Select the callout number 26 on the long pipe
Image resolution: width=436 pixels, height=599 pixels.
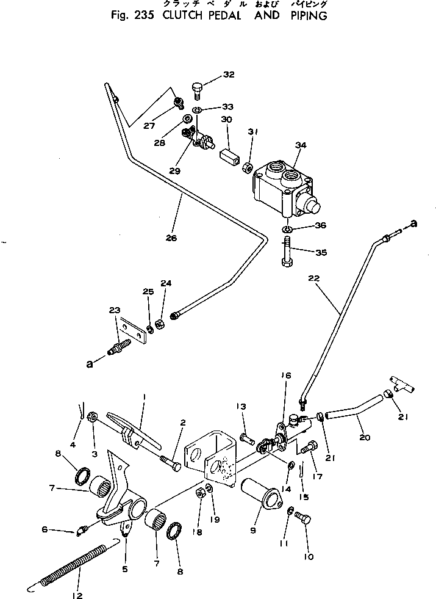click(x=171, y=238)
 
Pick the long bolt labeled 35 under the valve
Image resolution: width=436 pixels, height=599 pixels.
click(x=287, y=252)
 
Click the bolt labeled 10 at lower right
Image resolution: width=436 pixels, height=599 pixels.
click(x=302, y=519)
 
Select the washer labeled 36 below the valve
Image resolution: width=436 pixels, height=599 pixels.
click(x=287, y=229)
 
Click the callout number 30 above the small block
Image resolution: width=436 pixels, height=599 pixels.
click(x=227, y=120)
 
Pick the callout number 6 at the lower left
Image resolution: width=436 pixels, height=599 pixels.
click(x=44, y=529)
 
